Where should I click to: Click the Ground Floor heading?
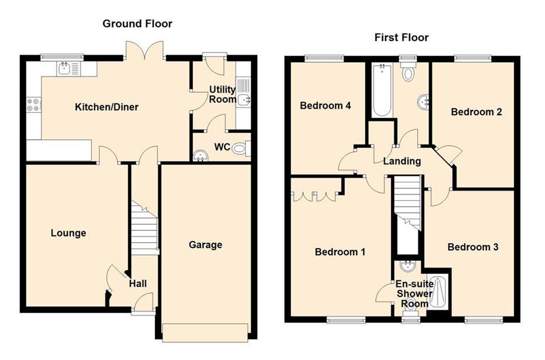tap(137, 24)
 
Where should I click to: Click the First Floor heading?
tap(401, 37)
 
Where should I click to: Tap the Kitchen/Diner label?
tap(107, 107)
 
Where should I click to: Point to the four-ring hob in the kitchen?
tap(34, 105)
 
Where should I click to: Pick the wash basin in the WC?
tap(201, 156)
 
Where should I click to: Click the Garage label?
tap(205, 245)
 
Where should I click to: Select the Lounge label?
tap(68, 233)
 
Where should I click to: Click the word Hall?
tap(138, 283)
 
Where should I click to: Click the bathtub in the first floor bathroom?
tap(382, 90)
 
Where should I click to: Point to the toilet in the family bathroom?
tap(408, 72)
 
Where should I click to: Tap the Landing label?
tap(402, 161)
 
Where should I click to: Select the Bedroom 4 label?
tap(325, 105)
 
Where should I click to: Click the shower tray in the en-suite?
tap(438, 293)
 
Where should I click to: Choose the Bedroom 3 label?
tap(473, 247)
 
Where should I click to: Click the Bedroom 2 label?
tap(476, 112)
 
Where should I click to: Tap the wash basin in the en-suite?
tap(408, 266)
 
